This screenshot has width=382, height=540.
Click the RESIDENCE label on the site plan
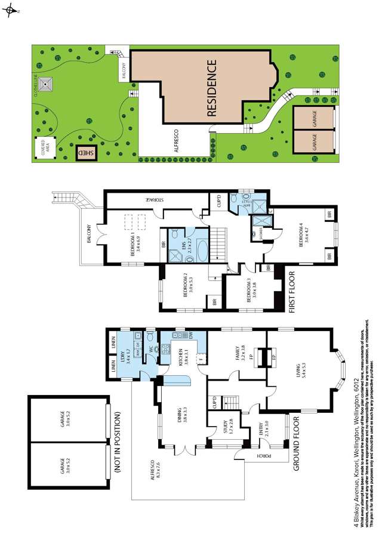(213, 90)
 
